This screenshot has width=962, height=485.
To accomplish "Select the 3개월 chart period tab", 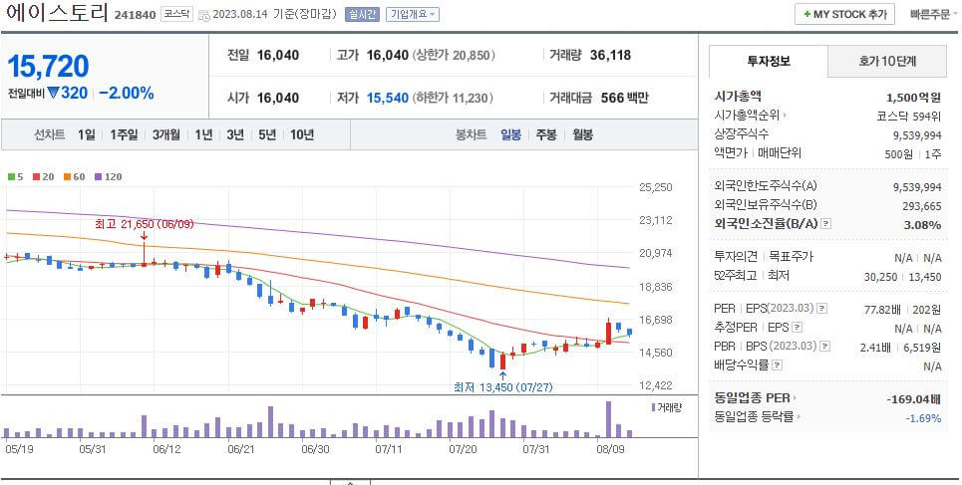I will click(166, 134).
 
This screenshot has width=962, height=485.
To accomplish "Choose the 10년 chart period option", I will click(301, 134).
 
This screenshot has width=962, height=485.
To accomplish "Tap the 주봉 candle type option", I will click(546, 134).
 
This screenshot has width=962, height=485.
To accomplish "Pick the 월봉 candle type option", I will click(582, 134).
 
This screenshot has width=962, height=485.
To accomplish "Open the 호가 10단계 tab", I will click(887, 61).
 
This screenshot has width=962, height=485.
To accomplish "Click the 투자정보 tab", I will click(768, 61).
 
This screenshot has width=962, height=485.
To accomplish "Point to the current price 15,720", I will click(48, 66).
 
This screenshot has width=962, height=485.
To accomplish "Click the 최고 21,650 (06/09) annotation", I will click(144, 224).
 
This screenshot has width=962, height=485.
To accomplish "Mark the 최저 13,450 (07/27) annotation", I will click(502, 387).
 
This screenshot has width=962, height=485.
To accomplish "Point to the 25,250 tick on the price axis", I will click(656, 187).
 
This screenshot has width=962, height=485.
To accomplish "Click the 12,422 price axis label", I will click(656, 385).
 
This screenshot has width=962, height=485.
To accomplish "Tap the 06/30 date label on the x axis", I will click(315, 449).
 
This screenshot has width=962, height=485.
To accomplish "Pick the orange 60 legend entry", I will click(75, 176).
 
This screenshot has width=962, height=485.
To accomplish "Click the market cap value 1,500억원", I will click(913, 97).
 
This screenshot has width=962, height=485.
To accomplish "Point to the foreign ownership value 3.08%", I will click(922, 224).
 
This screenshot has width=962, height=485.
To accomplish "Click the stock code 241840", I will click(135, 15).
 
